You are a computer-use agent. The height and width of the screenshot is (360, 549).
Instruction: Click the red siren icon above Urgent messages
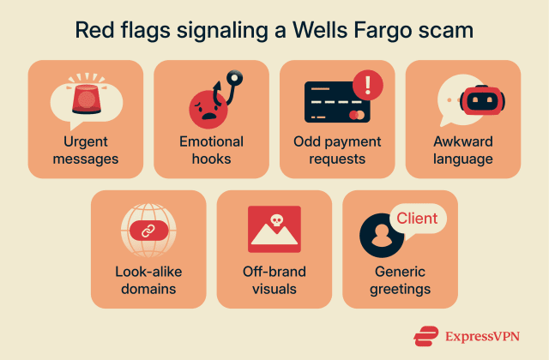[x=86, y=98]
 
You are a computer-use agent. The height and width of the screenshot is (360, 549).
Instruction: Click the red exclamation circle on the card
[x=368, y=84]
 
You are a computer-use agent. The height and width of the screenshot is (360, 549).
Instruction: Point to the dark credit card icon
[x=335, y=105]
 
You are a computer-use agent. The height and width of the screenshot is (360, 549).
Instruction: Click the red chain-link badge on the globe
[x=148, y=231]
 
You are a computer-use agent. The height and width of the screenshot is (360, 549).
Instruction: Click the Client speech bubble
[x=417, y=218]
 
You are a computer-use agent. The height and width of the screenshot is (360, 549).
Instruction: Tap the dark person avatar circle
[x=377, y=232]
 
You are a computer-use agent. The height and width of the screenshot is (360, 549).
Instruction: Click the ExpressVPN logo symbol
[x=425, y=335]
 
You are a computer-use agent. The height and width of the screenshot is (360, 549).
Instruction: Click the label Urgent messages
[x=86, y=150]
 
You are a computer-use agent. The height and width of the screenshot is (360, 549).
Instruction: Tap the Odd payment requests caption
[x=337, y=150]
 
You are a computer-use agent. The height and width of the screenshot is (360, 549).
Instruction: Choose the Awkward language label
[x=462, y=150]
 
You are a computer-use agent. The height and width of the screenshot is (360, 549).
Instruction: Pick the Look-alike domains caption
[x=148, y=280]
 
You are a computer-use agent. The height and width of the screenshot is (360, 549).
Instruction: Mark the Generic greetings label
[x=400, y=280]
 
